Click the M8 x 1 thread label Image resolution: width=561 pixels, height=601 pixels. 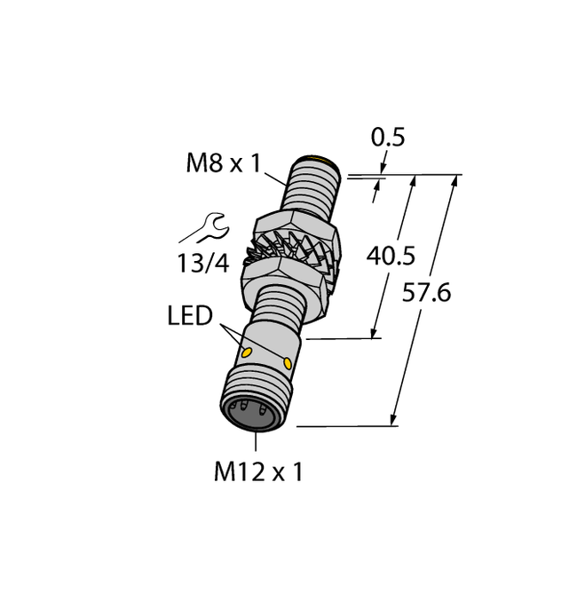225,163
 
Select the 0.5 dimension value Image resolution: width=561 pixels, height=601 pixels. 387,138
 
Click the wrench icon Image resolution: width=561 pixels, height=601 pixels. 203,228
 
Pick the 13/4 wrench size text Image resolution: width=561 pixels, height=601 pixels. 203,263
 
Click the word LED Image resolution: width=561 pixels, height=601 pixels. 190,316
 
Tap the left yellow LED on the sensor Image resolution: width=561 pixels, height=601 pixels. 248,354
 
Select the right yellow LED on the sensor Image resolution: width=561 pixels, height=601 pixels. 289,363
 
